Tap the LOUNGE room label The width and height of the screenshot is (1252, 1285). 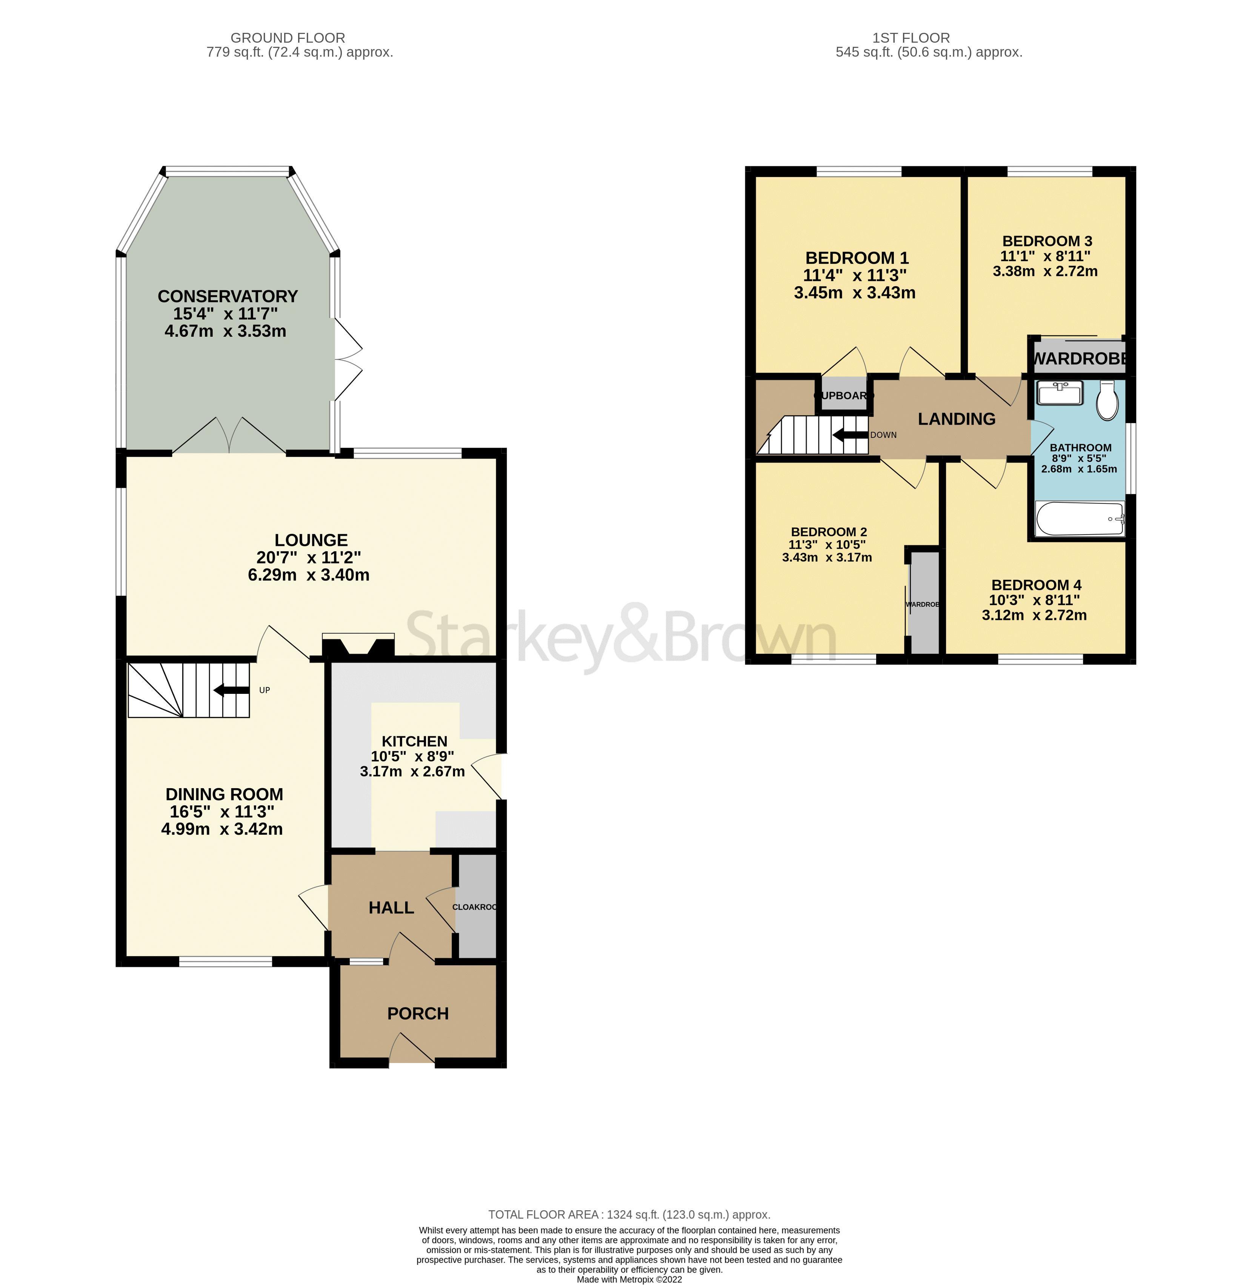coord(311,540)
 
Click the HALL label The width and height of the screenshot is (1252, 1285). coord(391,908)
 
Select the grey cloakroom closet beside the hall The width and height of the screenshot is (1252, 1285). coord(477,907)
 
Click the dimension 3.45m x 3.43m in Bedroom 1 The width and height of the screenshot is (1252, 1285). coord(854,293)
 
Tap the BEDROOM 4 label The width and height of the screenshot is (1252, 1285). coord(1036,585)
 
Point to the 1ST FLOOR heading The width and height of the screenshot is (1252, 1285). coord(911,38)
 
